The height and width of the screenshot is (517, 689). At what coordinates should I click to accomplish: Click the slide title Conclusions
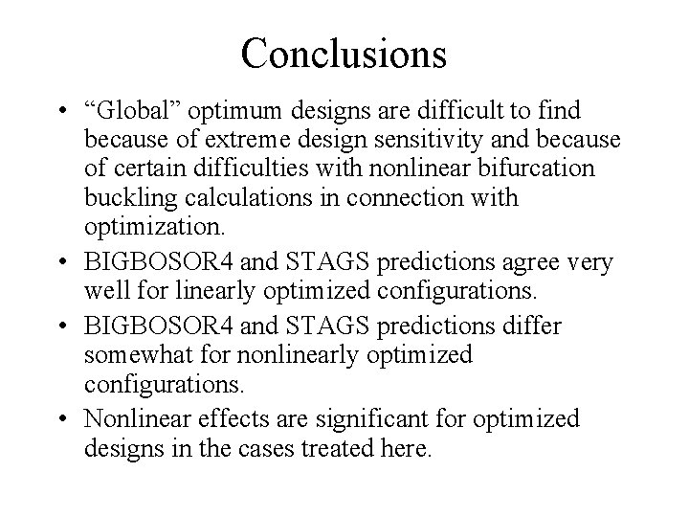344,53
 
